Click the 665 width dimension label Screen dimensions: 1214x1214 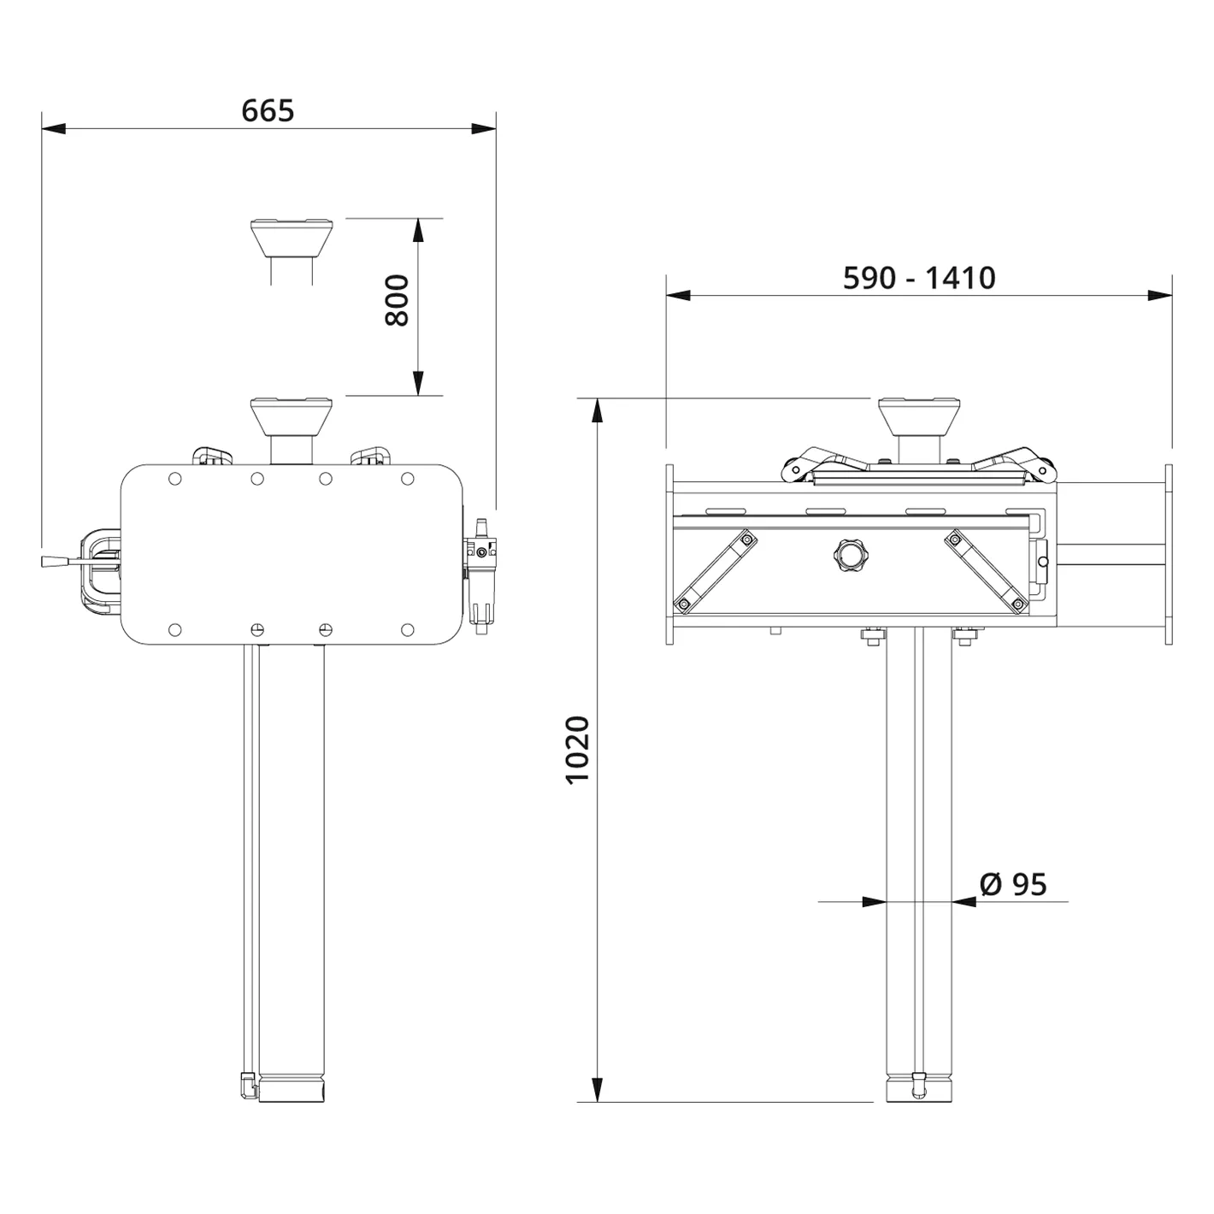tap(268, 111)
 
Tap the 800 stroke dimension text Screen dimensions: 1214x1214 tap(398, 300)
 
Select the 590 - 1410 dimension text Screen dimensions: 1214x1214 tap(919, 278)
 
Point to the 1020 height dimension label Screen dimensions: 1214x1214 tap(578, 749)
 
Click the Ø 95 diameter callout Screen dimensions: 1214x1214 tap(1013, 884)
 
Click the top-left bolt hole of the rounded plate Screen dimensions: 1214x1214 tap(175, 479)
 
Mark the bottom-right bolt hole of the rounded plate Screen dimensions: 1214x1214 tap(408, 631)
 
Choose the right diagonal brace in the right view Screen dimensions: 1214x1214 tap(984, 570)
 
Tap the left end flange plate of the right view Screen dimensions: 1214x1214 tap(670, 556)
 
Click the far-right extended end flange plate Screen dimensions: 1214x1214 tap(1168, 556)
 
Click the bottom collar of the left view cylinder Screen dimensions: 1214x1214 tap(292, 1089)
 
